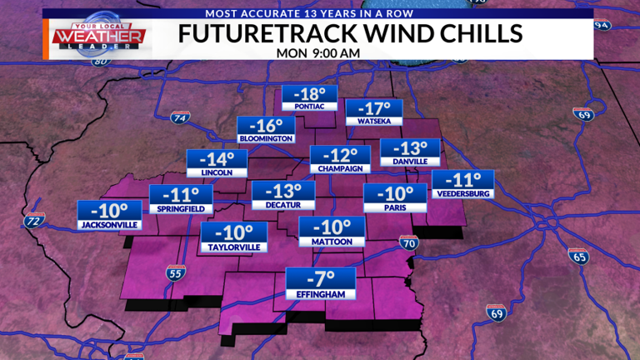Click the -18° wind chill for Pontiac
tap(310, 93)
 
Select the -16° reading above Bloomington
tap(265, 124)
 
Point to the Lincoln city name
tap(216, 172)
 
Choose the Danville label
tap(409, 161)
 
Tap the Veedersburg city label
tap(463, 193)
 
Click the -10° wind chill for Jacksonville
tap(108, 210)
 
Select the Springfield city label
tap(181, 207)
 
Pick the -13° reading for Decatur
tap(283, 191)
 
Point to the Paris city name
tap(393, 207)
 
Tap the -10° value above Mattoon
tap(332, 227)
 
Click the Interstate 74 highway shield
tap(178, 117)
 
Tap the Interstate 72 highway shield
tap(33, 221)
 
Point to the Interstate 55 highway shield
tap(174, 272)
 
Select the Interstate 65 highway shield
tap(578, 256)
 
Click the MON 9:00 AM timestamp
tap(318, 52)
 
